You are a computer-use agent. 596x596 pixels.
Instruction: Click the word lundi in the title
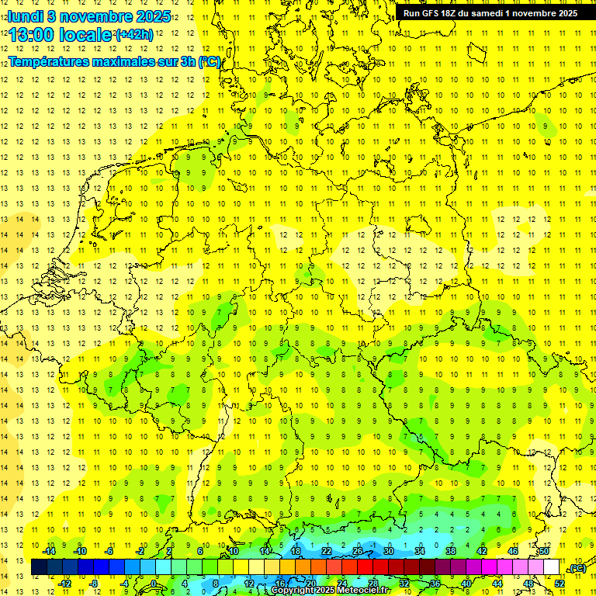[26, 16]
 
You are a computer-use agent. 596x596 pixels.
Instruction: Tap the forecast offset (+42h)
[135, 35]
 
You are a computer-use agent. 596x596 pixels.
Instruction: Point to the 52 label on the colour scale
[560, 583]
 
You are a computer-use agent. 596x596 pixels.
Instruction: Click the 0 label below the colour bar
[154, 583]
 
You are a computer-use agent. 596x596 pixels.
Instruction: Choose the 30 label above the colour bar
[389, 551]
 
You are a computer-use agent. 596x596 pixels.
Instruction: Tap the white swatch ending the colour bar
[552, 567]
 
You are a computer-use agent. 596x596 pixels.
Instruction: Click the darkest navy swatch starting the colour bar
[39, 567]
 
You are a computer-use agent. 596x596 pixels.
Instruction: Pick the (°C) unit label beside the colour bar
[577, 568]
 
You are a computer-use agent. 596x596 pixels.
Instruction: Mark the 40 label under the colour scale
[466, 583]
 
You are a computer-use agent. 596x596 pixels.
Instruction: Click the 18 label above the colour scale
[296, 551]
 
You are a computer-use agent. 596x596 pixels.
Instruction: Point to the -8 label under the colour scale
[95, 583]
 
